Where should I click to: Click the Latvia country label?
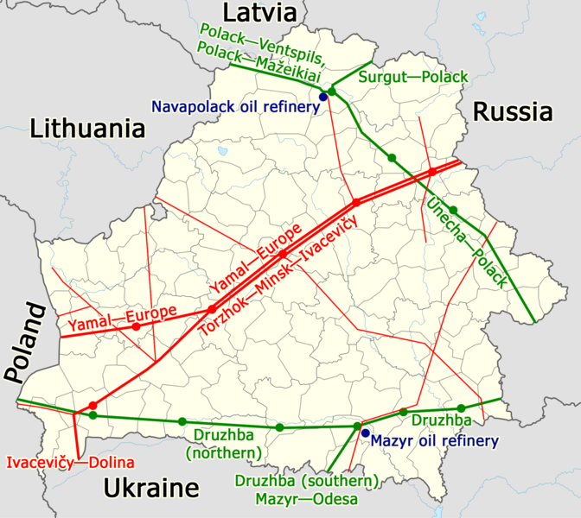(x=259, y=12)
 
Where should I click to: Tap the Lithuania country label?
(x=86, y=129)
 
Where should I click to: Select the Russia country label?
(x=512, y=111)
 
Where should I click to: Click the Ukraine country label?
(x=151, y=490)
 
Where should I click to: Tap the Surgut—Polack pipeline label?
(x=413, y=77)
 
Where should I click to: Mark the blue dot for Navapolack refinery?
(x=323, y=97)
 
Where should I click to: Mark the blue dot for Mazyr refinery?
(x=365, y=433)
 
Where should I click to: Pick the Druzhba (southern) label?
(x=305, y=481)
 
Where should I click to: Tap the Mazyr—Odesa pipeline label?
(x=305, y=498)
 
